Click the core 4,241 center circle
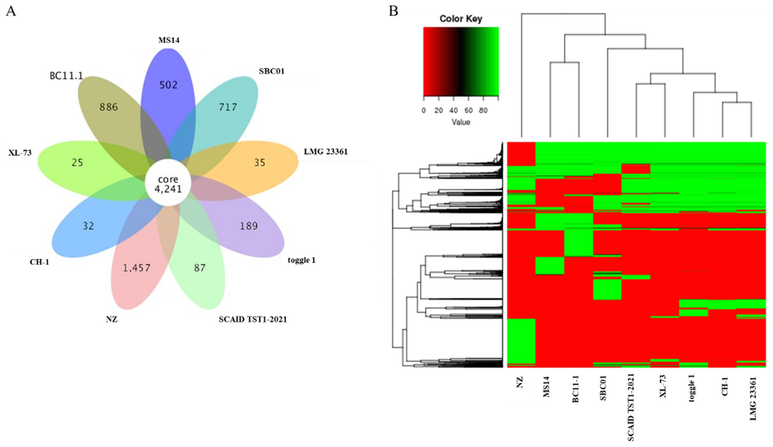coord(168,183)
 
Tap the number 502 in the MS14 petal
coord(168,85)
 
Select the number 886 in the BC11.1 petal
coord(109,107)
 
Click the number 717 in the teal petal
coord(228,107)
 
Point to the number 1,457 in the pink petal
coord(137,268)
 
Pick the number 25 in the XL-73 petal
coord(77,162)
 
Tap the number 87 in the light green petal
coord(200,268)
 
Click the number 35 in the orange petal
coord(260,162)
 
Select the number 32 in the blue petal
coord(88,226)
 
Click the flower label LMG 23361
coord(326,152)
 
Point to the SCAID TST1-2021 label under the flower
coord(253,320)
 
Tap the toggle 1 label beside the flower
coord(302,260)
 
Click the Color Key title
coord(461,19)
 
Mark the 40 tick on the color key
coord(453,110)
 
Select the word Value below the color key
coord(461,122)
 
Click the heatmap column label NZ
coord(520,383)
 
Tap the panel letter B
coord(393,11)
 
